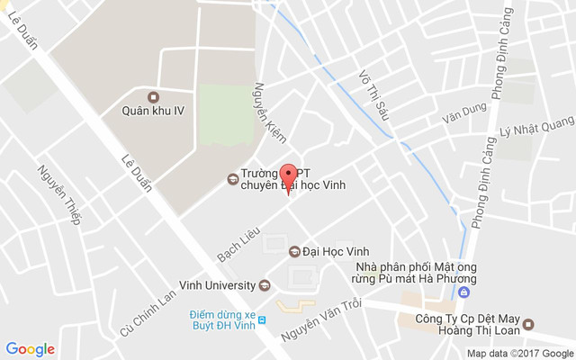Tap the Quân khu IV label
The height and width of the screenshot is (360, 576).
(x=153, y=112)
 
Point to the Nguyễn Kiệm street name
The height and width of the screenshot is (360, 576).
(x=269, y=112)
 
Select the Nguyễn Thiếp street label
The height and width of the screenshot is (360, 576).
(x=59, y=193)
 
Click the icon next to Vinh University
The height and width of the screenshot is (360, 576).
(x=264, y=286)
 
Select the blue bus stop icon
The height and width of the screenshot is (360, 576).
(x=262, y=319)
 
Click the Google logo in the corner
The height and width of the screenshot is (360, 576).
(x=30, y=349)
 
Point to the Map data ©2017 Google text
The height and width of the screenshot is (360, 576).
(x=519, y=353)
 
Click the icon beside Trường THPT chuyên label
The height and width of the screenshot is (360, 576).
(x=232, y=179)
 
